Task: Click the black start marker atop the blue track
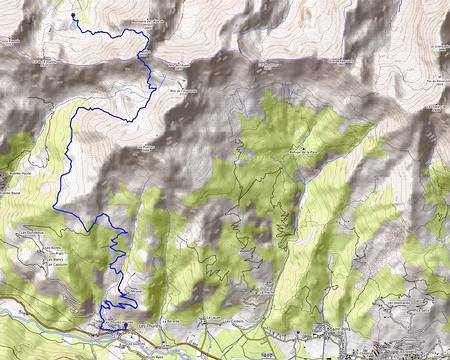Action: (x=73, y=17)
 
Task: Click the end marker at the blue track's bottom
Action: (x=111, y=326)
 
